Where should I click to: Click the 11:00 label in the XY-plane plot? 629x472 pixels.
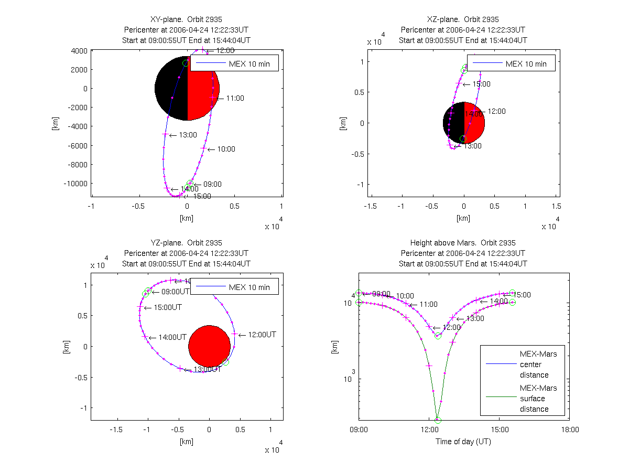[235, 98]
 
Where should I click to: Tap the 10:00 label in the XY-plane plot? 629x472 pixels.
[226, 149]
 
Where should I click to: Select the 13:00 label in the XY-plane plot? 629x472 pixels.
[188, 135]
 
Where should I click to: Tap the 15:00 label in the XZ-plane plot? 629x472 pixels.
[481, 84]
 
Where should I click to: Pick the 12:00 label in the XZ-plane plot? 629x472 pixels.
[496, 111]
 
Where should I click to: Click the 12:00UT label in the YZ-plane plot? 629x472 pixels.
[261, 335]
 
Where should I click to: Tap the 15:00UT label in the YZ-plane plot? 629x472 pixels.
[167, 307]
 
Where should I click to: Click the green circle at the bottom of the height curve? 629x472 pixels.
[438, 420]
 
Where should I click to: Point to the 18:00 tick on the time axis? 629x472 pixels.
[570, 429]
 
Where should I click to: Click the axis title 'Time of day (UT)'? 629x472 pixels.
[463, 442]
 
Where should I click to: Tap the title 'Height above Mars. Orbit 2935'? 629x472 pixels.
[463, 243]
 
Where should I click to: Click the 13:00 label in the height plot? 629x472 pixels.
[465, 319]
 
